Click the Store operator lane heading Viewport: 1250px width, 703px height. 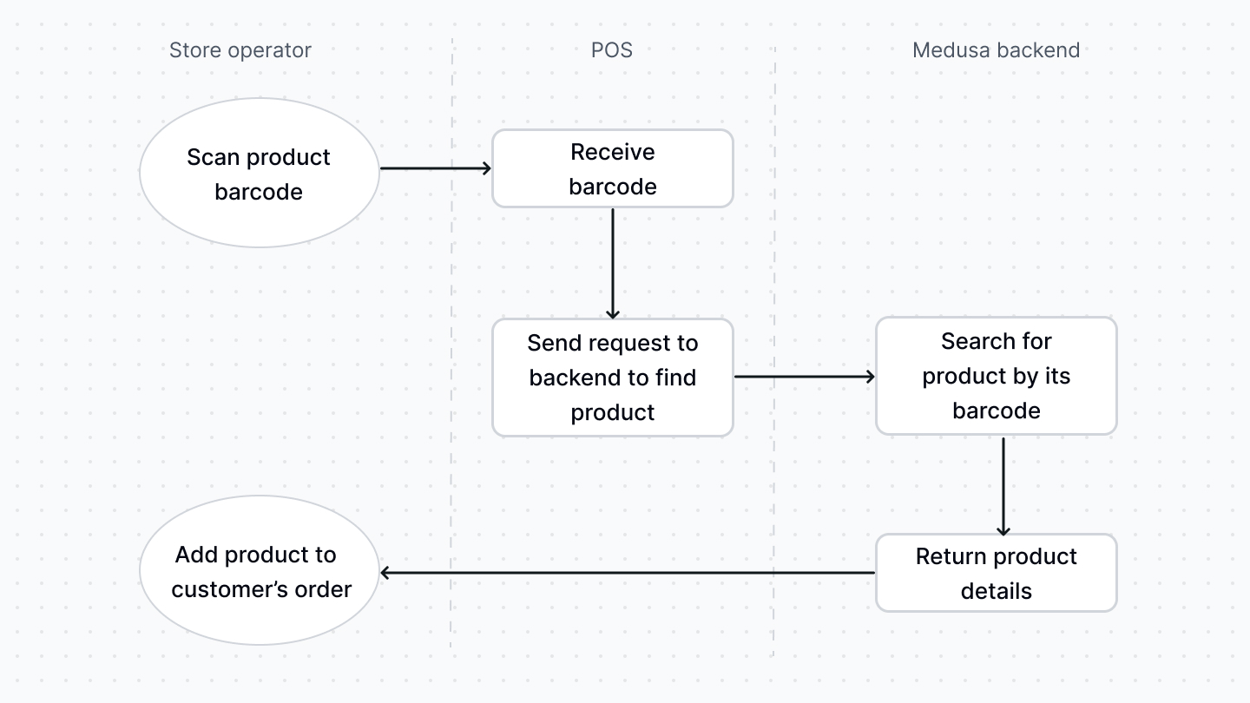pyautogui.click(x=240, y=50)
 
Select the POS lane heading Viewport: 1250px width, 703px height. pyautogui.click(x=612, y=50)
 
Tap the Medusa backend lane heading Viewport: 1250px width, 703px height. pyautogui.click(x=996, y=50)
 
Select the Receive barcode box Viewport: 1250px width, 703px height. pyautogui.click(x=613, y=169)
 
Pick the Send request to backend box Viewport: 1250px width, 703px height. pyautogui.click(x=613, y=378)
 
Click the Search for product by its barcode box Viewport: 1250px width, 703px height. pyautogui.click(x=996, y=376)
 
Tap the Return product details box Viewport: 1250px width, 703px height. pyautogui.click(x=996, y=573)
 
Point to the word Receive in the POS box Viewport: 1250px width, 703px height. pyautogui.click(x=613, y=152)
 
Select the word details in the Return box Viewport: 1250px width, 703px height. pyautogui.click(x=996, y=591)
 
